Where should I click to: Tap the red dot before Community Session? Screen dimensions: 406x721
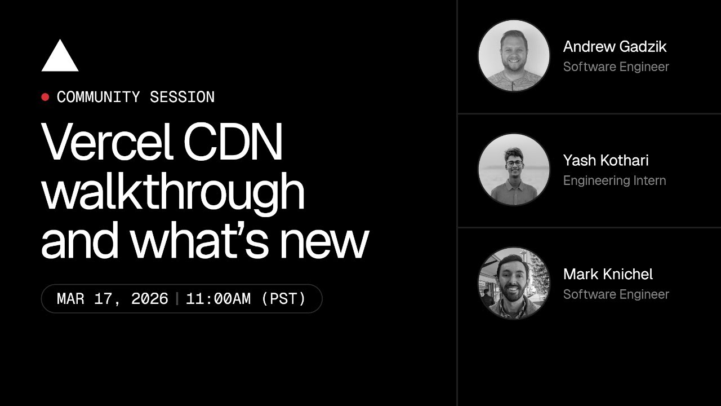45,97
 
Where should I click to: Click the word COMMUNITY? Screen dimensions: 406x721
98,97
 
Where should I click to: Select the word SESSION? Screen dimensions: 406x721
182,97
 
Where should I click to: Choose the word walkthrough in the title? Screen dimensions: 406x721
173,192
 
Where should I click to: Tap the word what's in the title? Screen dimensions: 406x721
201,240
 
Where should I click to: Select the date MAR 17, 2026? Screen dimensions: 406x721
112,298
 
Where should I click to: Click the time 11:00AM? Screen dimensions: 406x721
218,298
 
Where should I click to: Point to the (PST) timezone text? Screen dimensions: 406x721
283,298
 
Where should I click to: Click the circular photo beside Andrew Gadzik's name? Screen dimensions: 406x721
514,55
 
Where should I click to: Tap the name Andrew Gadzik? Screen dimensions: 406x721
615,47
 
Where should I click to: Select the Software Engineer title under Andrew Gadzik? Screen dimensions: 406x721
616,67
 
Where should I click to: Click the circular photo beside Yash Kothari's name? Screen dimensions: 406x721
514,169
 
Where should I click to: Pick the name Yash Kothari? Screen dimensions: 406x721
606,161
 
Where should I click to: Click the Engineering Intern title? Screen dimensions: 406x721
614,180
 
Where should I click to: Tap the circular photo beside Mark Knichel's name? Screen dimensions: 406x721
514,283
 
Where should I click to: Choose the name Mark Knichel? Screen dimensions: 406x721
608,275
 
